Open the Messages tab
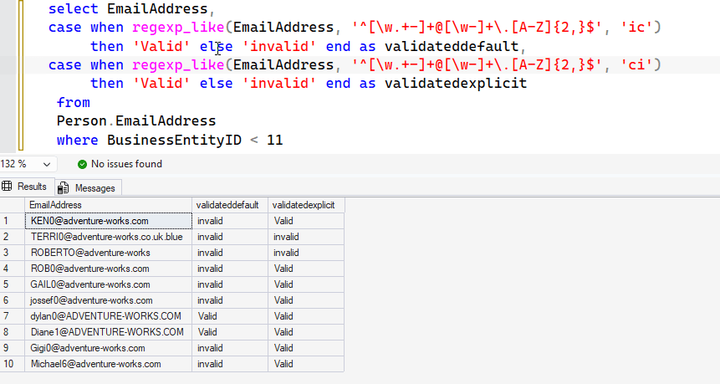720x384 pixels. point(88,188)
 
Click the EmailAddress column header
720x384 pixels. point(108,205)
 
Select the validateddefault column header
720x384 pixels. point(230,205)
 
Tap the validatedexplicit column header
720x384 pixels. point(306,205)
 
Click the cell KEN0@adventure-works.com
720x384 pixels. point(109,221)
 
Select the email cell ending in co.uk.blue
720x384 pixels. point(109,237)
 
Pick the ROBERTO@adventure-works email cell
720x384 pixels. point(109,253)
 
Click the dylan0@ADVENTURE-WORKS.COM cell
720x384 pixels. point(109,316)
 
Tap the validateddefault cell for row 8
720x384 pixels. point(230,332)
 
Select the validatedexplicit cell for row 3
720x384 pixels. point(306,253)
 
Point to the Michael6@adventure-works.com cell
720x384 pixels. point(109,364)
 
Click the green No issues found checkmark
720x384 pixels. point(82,165)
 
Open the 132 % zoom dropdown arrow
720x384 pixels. point(46,165)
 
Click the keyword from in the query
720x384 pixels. point(74,102)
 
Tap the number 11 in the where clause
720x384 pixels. point(274,140)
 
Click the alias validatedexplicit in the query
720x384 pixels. point(456,83)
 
